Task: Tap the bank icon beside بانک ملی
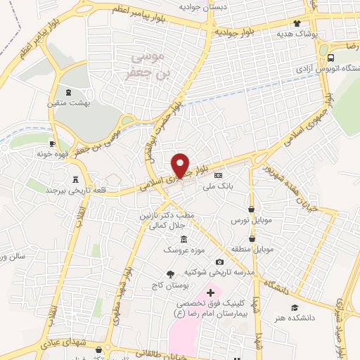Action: (218, 175)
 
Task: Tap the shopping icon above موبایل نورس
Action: (252, 209)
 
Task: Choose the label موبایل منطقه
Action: (253, 249)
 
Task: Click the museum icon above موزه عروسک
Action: (184, 239)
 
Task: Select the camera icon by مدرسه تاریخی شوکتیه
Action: (219, 262)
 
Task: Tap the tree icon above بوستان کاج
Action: (170, 274)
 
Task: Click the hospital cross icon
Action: (210, 291)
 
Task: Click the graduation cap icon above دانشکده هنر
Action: (295, 307)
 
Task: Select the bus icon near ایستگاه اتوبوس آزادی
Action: (330, 57)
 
